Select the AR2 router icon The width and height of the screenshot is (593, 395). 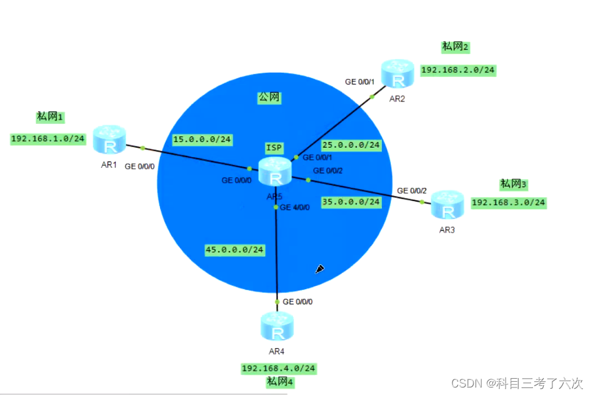397,73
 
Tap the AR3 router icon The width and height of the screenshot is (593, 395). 447,205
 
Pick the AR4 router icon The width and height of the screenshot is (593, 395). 277,326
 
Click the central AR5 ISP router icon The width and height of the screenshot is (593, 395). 276,172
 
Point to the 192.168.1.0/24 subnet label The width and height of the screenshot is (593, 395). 48,139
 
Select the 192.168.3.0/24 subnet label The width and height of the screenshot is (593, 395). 509,202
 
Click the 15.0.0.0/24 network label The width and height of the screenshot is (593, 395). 202,140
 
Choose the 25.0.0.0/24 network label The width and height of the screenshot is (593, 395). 351,145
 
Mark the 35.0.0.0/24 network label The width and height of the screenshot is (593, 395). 351,202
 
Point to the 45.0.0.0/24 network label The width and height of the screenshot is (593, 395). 235,250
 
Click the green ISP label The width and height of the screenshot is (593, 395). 274,148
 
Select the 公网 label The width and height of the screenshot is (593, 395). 269,98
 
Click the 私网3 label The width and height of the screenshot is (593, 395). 514,184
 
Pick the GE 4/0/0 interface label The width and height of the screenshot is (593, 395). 295,208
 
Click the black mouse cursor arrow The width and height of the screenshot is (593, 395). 319,269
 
